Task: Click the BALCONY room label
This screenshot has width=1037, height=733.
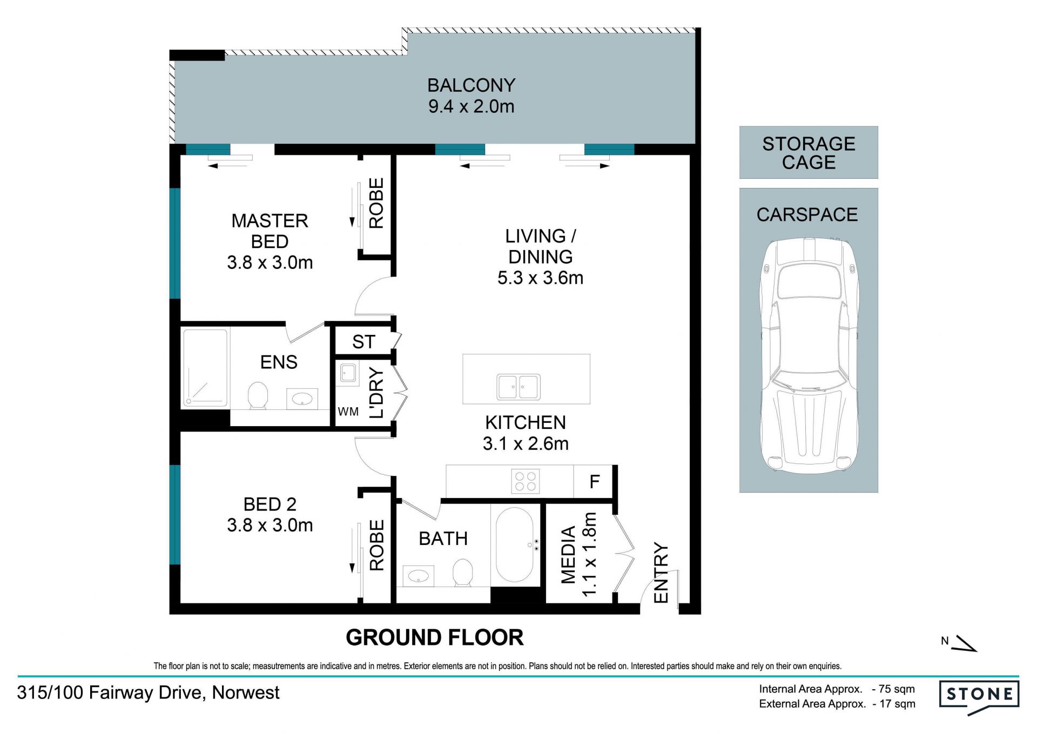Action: [471, 85]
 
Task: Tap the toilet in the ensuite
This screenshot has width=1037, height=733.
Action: [258, 396]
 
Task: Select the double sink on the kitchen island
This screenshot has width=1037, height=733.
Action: [518, 387]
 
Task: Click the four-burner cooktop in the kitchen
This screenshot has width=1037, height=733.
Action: [525, 481]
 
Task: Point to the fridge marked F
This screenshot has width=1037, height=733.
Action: [594, 481]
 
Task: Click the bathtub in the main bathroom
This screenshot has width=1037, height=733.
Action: [515, 544]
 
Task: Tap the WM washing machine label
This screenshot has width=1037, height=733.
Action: [348, 412]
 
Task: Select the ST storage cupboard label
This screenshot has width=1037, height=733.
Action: [363, 342]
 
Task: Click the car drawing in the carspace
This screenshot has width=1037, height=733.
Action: [809, 356]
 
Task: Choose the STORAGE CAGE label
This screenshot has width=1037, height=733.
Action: [809, 153]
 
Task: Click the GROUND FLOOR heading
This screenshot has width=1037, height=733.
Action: [434, 637]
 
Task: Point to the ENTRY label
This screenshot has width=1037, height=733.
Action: [661, 573]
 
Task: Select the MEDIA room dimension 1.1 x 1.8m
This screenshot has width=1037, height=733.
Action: [589, 554]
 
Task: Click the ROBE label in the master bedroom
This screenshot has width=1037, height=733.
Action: [376, 203]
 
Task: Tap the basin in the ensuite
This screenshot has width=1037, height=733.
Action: [302, 399]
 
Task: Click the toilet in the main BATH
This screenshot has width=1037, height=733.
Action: [462, 573]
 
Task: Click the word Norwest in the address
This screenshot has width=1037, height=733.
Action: [246, 692]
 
